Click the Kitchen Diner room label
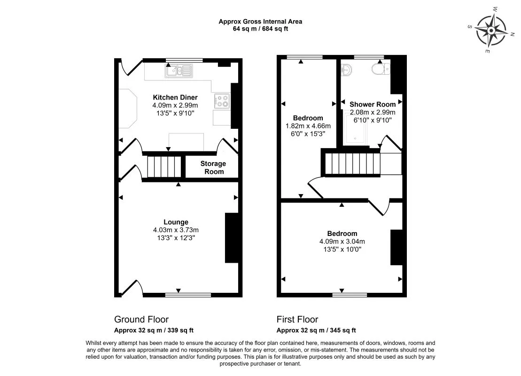click(175, 97)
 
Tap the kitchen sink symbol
click(179, 71)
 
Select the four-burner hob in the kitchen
click(222, 101)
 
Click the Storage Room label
click(213, 167)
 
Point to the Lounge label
click(176, 222)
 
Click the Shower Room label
click(373, 104)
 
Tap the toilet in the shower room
click(381, 69)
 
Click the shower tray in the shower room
click(355, 129)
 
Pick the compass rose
click(491, 31)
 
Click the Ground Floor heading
click(141, 320)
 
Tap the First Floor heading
click(297, 320)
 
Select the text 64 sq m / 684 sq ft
click(260, 29)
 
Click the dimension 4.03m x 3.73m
click(176, 230)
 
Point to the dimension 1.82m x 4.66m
click(308, 126)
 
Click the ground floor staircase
click(164, 167)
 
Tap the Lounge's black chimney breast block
click(232, 238)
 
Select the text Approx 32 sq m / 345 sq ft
click(316, 330)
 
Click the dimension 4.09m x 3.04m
click(342, 242)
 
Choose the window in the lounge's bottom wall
click(188, 295)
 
